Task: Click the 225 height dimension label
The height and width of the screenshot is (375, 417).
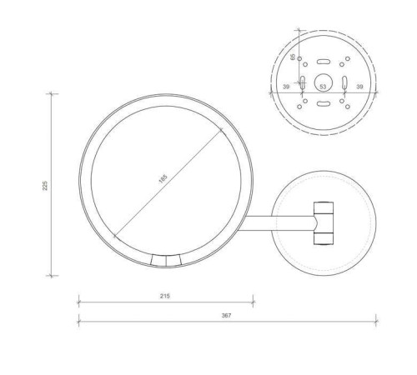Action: (x=46, y=185)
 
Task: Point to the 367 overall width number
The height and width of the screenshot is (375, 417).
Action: (x=226, y=315)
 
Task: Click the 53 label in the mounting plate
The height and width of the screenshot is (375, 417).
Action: (x=323, y=86)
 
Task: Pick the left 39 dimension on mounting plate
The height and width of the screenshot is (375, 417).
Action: (x=286, y=86)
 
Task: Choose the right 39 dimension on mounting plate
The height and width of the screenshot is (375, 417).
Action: (x=359, y=86)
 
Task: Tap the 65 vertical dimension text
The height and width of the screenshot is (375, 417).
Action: (x=293, y=57)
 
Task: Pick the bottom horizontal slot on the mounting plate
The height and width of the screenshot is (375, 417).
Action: (x=323, y=104)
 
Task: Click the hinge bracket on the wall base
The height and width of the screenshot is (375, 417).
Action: (x=323, y=222)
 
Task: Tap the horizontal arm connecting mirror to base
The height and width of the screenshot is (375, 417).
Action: (x=279, y=222)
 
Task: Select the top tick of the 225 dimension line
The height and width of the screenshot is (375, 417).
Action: (x=52, y=93)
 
